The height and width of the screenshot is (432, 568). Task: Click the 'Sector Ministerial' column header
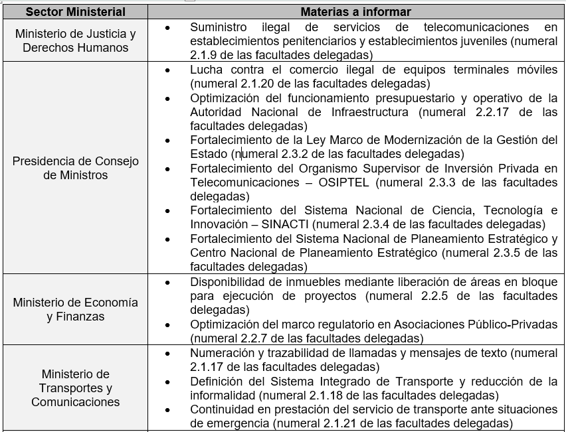[x=76, y=12]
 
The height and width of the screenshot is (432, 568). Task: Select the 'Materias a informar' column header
[x=355, y=12]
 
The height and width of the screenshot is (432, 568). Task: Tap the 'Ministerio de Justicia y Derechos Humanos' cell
[x=76, y=41]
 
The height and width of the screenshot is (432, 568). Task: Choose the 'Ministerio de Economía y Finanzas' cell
[x=76, y=309]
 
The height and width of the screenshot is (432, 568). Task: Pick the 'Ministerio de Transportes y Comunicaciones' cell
[x=76, y=388]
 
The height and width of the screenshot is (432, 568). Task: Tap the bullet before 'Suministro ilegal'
[x=167, y=27]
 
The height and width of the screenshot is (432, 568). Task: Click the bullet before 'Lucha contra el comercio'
[x=167, y=70]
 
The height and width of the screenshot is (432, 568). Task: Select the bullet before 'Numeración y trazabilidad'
[x=167, y=352]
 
